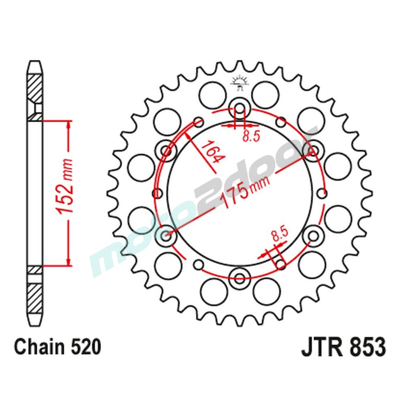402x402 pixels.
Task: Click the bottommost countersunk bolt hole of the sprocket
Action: [x=240, y=276]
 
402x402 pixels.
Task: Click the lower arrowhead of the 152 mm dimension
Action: [x=69, y=262]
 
